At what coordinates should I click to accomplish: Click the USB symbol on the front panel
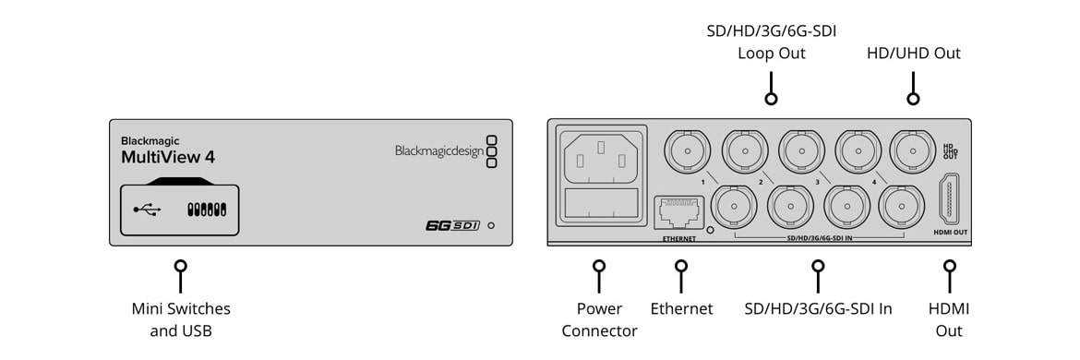(x=145, y=210)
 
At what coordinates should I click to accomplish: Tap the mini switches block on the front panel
(x=208, y=210)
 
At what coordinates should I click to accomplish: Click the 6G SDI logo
(x=452, y=225)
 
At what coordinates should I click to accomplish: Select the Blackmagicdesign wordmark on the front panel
(x=439, y=150)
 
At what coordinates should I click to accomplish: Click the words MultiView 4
(x=168, y=157)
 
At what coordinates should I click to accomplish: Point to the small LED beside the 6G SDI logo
(x=490, y=225)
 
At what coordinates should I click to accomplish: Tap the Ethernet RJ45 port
(x=679, y=212)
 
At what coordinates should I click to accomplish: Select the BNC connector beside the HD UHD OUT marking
(x=913, y=148)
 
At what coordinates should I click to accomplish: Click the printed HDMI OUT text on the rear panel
(x=951, y=233)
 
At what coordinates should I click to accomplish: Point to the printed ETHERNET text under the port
(x=679, y=238)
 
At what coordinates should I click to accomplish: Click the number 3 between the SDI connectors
(x=817, y=183)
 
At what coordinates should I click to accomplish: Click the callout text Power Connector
(x=599, y=320)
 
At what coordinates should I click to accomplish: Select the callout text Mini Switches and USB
(x=181, y=320)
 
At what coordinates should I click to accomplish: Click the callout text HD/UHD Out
(x=913, y=53)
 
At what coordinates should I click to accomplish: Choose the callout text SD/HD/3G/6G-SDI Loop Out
(x=772, y=42)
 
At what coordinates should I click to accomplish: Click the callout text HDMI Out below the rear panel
(x=949, y=320)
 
